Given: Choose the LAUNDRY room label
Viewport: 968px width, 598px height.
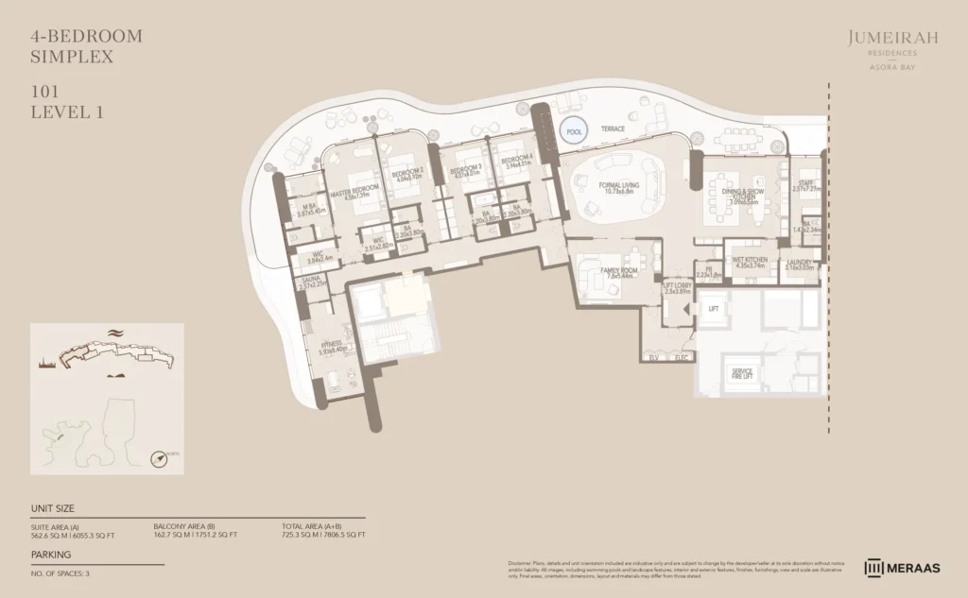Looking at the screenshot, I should (x=800, y=262).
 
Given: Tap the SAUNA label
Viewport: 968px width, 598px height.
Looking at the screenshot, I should (x=313, y=280).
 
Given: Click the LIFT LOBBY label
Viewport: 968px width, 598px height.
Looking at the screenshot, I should (x=678, y=287).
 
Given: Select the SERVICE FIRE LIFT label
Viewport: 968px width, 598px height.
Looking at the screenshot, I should (x=742, y=372).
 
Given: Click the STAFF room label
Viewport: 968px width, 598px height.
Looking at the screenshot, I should (x=805, y=184).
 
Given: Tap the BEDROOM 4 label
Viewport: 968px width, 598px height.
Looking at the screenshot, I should (x=517, y=159).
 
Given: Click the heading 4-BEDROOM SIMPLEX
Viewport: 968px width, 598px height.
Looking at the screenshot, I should (x=87, y=46).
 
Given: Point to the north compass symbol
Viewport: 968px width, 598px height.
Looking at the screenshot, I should (x=161, y=458).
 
